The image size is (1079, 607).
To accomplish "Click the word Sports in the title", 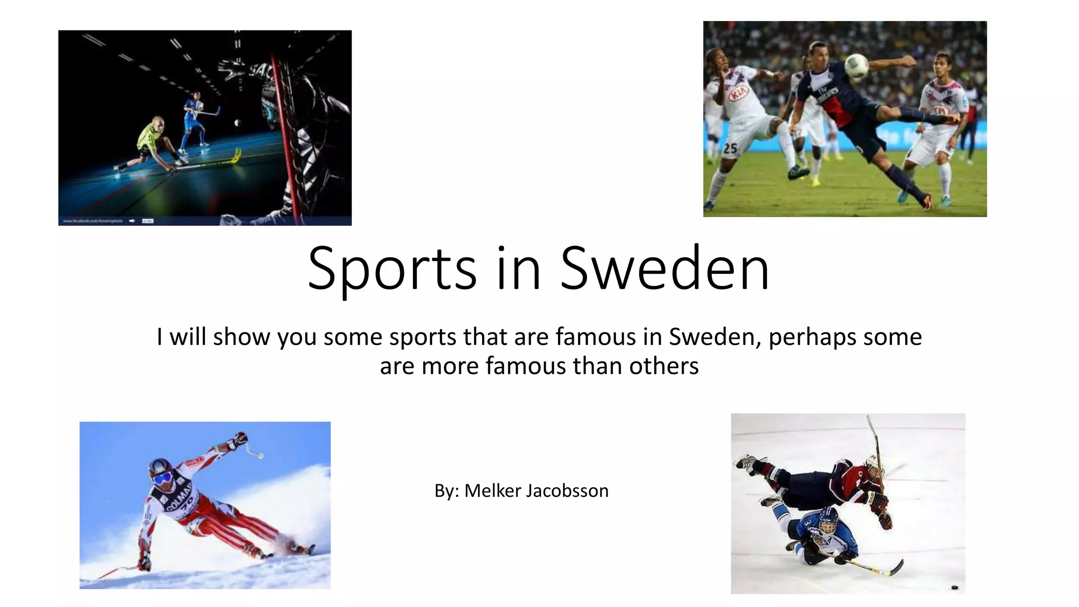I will [392, 269].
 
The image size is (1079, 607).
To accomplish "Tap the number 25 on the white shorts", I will [730, 149].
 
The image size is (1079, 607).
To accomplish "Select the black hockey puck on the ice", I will [954, 587].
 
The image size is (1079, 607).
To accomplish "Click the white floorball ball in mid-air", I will [238, 123].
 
